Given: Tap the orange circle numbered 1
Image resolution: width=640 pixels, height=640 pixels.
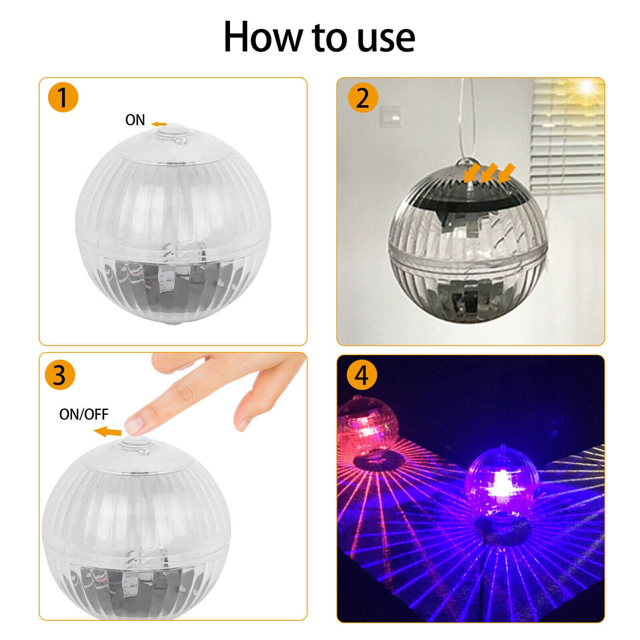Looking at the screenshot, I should click(63, 97).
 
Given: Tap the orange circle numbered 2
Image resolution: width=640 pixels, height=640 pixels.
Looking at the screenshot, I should click(362, 97).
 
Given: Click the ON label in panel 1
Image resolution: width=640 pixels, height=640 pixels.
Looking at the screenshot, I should click(135, 120).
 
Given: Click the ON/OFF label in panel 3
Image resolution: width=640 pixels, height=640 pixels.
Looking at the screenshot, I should click(84, 414).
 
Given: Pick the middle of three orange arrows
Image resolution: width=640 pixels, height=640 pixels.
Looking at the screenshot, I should click(489, 172).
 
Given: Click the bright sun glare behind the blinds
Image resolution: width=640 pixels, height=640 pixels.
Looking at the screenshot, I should click(586, 86).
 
